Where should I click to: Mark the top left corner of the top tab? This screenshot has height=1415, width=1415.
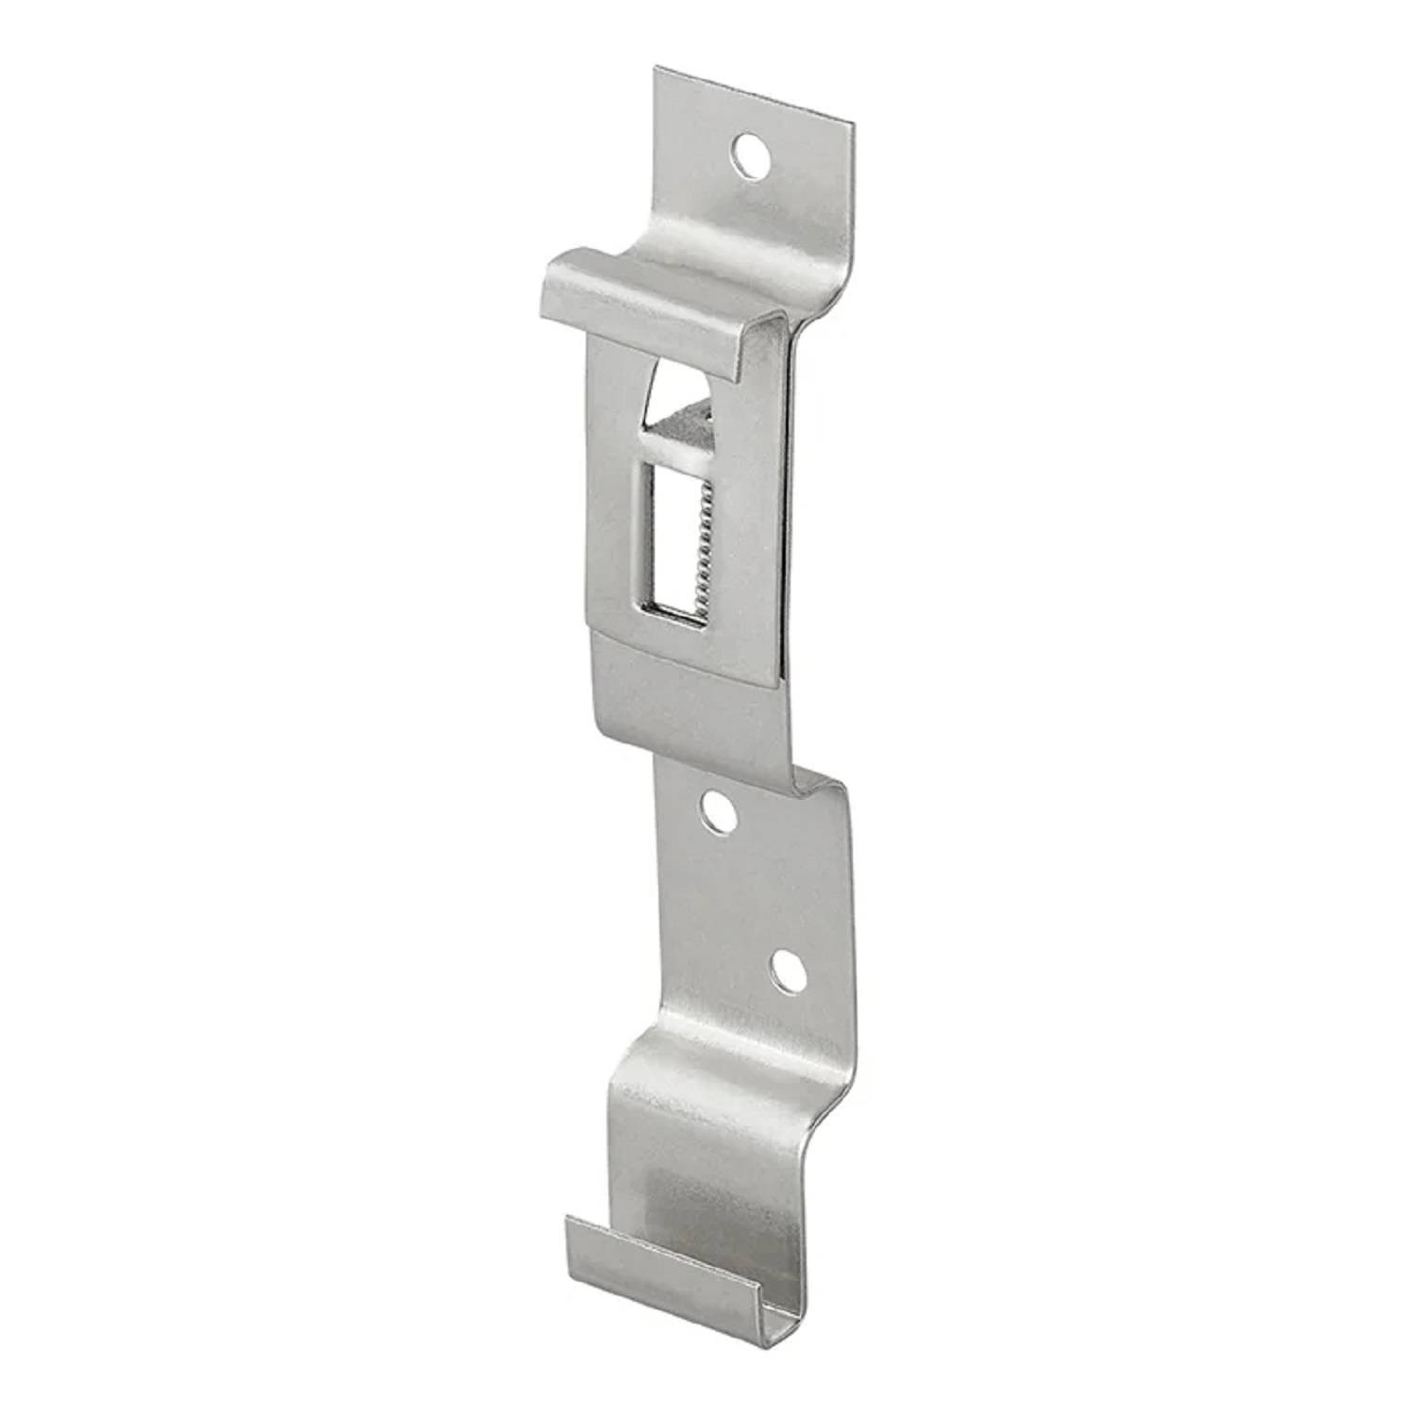coord(658,68)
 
